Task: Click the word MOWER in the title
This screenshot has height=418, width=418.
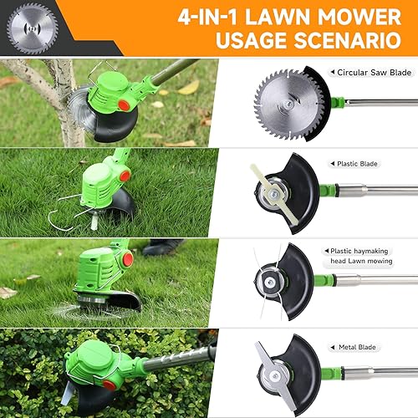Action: coord(359,17)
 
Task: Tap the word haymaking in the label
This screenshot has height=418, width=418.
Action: coord(370,252)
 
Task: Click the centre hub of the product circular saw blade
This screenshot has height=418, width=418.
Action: coord(288,104)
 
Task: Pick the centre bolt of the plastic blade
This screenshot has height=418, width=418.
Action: coord(275,192)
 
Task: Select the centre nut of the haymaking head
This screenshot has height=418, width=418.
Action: coord(269,283)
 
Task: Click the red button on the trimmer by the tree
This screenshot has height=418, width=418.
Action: coord(124,105)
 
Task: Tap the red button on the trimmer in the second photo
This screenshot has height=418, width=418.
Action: coord(125,176)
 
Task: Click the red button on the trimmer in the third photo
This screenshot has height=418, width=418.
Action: coord(128,259)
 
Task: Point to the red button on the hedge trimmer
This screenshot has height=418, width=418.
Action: coord(110,385)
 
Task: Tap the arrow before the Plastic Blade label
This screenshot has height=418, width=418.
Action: coord(332,164)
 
